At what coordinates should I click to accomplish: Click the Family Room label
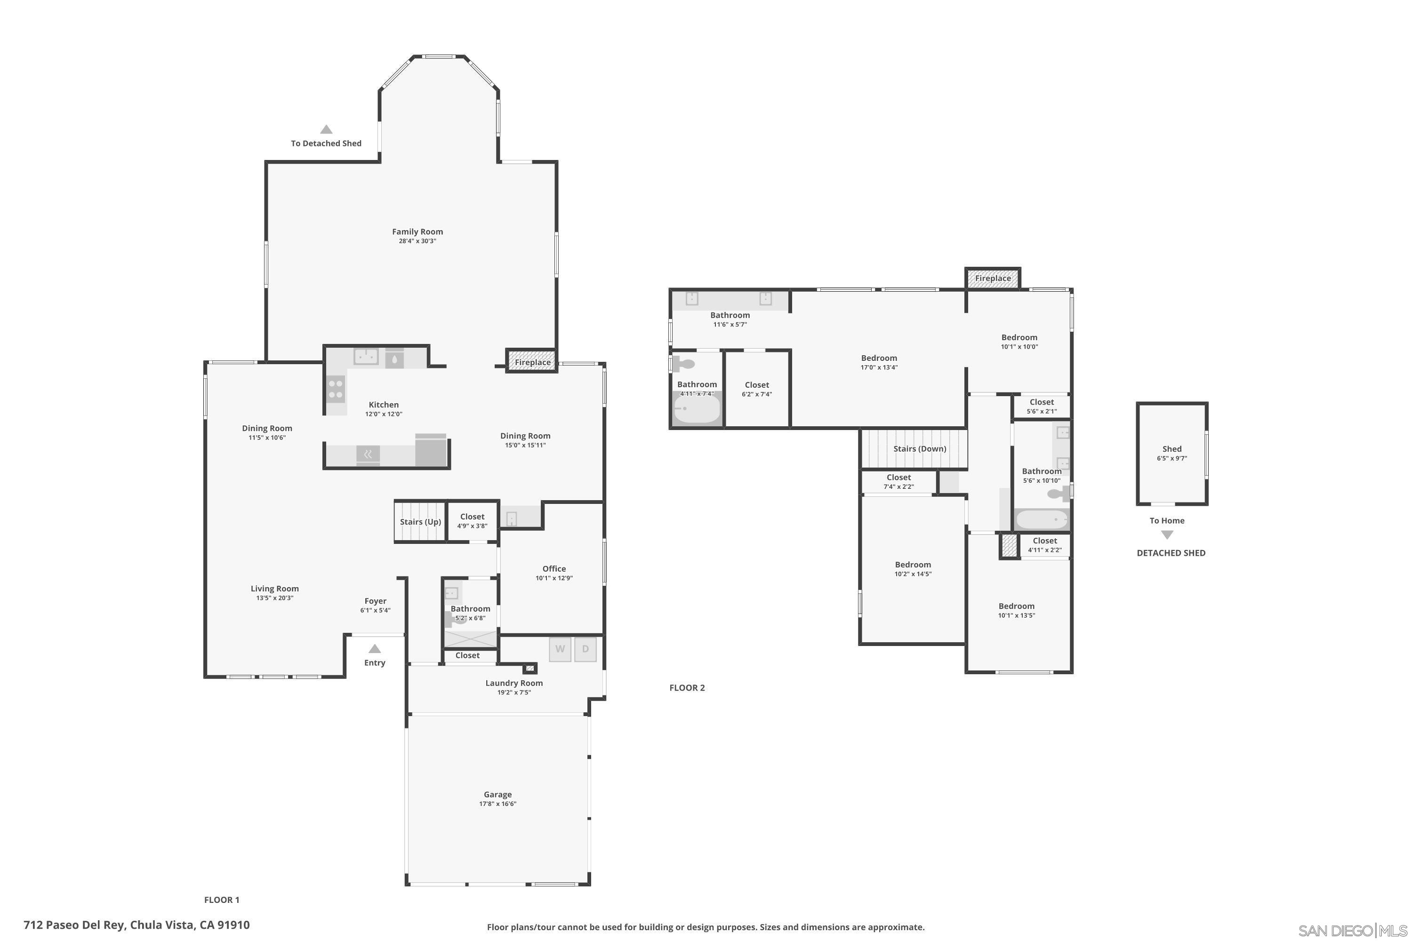[417, 231]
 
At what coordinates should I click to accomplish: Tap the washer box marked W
[560, 649]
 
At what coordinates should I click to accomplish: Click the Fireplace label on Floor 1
[532, 362]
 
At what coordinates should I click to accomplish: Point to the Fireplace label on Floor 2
[992, 279]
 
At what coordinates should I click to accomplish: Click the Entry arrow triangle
[375, 649]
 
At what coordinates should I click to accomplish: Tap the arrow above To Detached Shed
[326, 129]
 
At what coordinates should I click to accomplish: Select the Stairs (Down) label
[919, 449]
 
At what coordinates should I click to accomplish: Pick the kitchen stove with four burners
[336, 388]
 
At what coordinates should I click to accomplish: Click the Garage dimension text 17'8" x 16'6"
[497, 804]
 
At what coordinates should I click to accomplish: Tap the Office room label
[554, 568]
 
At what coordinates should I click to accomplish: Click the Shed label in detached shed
[1171, 449]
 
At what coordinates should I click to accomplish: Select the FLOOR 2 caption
[687, 688]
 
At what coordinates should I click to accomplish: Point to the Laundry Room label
[514, 683]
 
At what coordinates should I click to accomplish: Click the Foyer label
[375, 601]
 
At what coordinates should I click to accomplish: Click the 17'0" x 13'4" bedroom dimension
[878, 367]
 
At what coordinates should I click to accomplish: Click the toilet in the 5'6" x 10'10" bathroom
[1058, 494]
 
